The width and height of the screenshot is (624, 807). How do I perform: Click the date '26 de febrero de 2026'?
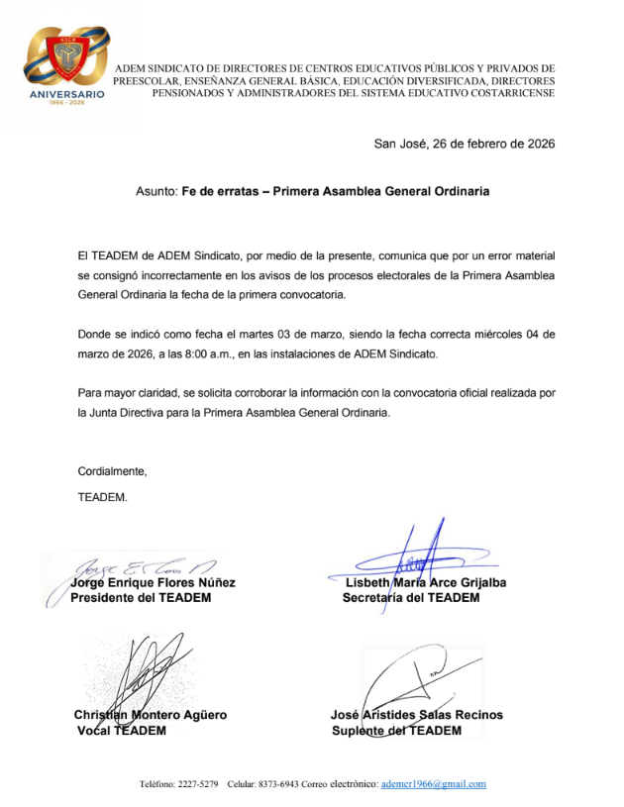490,144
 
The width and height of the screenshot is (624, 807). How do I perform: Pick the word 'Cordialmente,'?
112,470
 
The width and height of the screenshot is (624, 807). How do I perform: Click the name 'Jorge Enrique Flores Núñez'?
153,582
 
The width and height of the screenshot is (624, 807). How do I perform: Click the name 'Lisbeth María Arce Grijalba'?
425,582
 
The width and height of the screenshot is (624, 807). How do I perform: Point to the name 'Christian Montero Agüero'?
150,715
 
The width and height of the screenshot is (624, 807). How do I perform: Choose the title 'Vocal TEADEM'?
122,731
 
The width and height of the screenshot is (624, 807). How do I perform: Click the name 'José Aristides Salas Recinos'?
416,715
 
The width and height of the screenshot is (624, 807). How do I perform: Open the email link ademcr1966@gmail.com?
433,784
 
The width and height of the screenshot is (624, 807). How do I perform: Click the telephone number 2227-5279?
197,784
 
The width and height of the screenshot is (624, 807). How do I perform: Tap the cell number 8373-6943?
279,784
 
